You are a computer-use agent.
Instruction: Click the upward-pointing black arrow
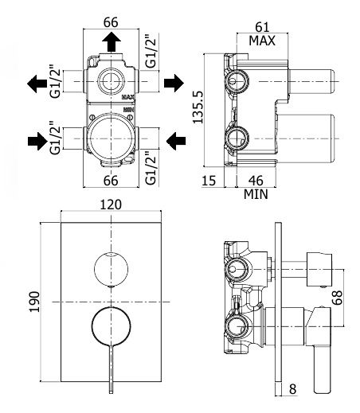click(x=112, y=41)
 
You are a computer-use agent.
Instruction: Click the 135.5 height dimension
click(x=198, y=107)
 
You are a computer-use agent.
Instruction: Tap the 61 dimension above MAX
click(x=262, y=27)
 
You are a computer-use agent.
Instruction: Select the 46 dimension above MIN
click(x=256, y=181)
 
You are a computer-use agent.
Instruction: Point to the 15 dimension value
click(x=209, y=181)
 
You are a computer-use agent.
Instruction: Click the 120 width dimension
click(x=111, y=205)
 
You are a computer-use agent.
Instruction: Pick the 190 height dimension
click(x=34, y=302)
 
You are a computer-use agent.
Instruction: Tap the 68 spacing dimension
click(x=337, y=298)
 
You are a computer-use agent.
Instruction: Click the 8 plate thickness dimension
click(x=292, y=389)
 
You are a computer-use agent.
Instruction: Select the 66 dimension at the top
click(x=111, y=22)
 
